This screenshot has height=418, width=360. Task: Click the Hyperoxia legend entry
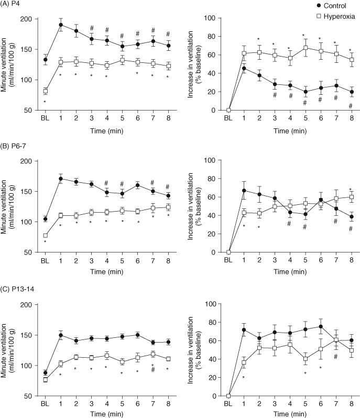337,16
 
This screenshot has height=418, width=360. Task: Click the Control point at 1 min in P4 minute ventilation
61,25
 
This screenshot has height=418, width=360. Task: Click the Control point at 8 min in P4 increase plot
350,92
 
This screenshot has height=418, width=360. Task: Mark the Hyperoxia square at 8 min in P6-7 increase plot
350,197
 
